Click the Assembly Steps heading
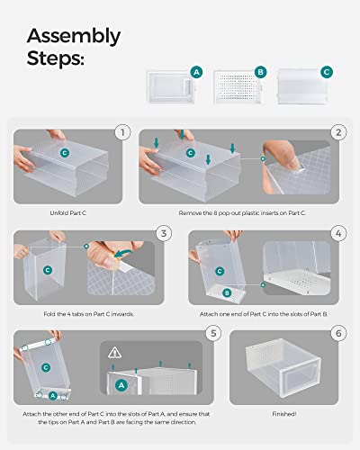(x=73, y=48)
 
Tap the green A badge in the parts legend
(x=195, y=71)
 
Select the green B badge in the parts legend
(x=260, y=71)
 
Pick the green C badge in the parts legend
(x=325, y=71)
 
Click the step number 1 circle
(x=121, y=132)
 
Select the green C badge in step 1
(x=64, y=153)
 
